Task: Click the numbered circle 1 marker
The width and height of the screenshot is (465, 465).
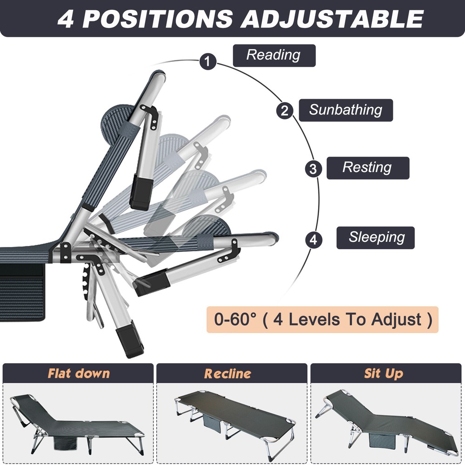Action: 207,61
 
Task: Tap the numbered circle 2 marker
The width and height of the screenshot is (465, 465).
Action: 285,111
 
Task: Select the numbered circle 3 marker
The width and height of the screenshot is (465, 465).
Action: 313,169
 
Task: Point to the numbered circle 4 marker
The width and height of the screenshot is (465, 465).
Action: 314,239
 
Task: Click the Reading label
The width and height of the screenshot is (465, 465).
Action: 274,55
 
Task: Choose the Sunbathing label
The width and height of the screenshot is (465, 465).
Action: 346,110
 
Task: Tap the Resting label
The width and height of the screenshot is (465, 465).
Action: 368,168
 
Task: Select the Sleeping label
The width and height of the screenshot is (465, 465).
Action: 375,238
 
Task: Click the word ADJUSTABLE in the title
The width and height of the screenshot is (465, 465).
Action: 332,19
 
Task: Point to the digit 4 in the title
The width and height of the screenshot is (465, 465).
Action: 66,19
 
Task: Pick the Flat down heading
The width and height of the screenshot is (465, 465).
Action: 79,373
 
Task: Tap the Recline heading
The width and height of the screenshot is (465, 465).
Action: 227,374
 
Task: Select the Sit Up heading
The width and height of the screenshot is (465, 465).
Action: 384,373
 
